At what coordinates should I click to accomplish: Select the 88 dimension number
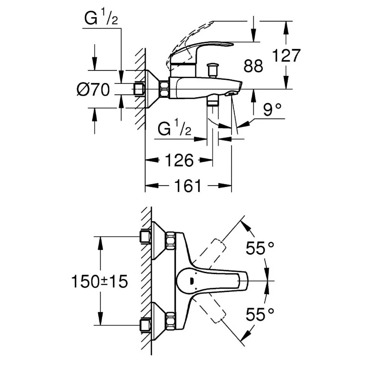(x=253, y=66)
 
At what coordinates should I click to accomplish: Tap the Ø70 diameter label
(x=93, y=90)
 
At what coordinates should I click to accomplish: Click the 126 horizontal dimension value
(x=180, y=160)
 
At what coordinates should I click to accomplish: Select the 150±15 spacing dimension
(x=99, y=281)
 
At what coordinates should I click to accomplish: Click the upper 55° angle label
(x=260, y=248)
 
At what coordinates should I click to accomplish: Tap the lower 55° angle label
(x=260, y=314)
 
